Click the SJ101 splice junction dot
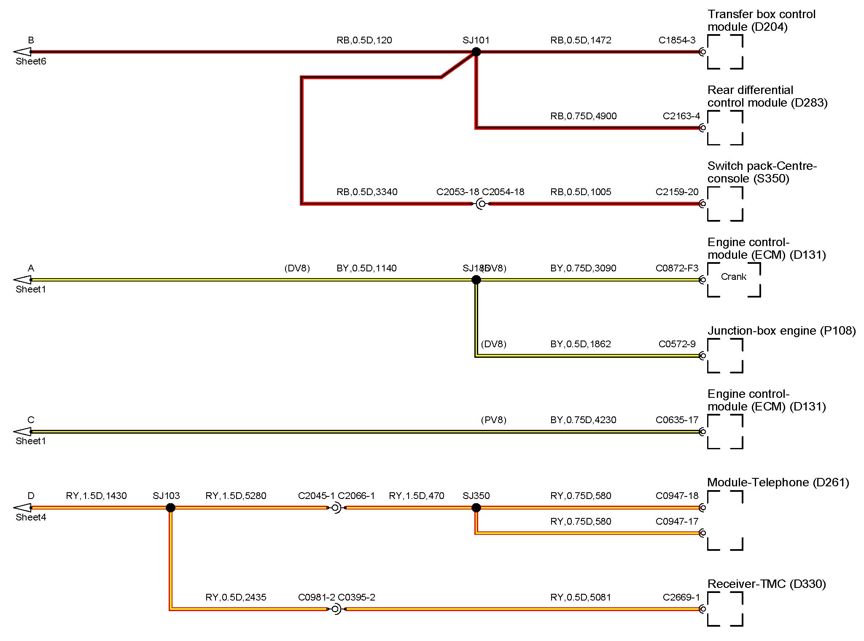(x=476, y=52)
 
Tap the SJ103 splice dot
(x=170, y=508)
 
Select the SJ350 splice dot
(x=476, y=508)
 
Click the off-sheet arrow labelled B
(x=23, y=52)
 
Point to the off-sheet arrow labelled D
(x=23, y=508)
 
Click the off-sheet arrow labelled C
(x=23, y=432)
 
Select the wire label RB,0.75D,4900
(x=583, y=116)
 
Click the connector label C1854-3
(x=677, y=40)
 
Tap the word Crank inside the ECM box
(x=733, y=277)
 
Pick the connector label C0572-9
(x=677, y=344)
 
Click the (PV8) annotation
(x=493, y=420)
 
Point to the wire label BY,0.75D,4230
(x=583, y=420)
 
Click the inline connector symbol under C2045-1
(x=336, y=508)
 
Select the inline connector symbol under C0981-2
(x=336, y=609)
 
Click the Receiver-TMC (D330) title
(x=766, y=584)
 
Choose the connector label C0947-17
(x=677, y=522)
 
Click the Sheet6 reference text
(x=31, y=62)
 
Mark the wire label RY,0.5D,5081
(x=581, y=598)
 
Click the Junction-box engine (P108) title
(x=781, y=331)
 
